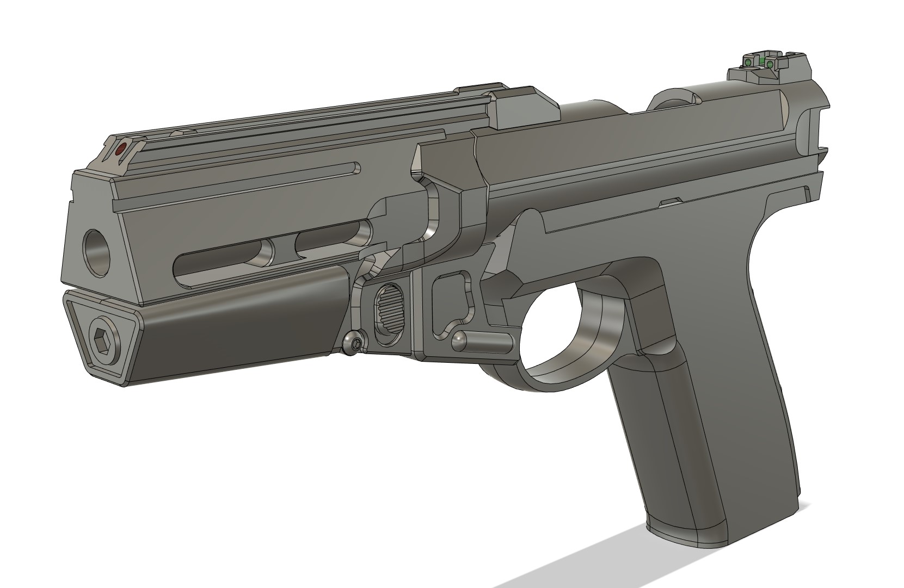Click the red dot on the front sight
121,147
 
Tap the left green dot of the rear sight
748,63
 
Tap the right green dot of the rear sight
770,65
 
